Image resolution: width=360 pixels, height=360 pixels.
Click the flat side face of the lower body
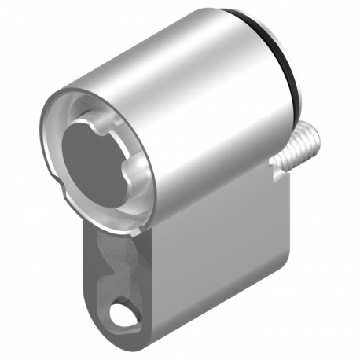220,259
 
